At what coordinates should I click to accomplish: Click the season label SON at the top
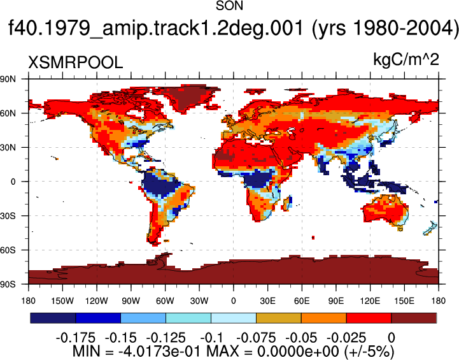(x=229, y=6)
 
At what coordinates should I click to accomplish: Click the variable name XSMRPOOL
(x=75, y=62)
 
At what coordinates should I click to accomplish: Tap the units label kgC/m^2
(x=406, y=60)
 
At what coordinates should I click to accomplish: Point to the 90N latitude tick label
(x=8, y=79)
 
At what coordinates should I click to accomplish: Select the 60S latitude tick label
(x=8, y=250)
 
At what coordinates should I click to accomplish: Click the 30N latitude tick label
(x=8, y=147)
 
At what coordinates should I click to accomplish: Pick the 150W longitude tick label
(x=62, y=301)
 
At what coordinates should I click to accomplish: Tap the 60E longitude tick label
(x=302, y=301)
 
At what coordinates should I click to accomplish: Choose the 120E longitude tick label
(x=370, y=301)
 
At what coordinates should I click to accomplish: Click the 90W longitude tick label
(x=131, y=301)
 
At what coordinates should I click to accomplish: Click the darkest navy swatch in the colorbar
(x=53, y=318)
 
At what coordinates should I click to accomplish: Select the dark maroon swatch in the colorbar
(x=414, y=318)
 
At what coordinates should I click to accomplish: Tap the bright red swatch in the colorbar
(x=369, y=318)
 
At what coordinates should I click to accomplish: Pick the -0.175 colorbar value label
(x=76, y=338)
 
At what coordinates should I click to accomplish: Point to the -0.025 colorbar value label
(x=346, y=338)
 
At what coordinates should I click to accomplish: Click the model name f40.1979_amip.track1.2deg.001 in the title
(x=155, y=29)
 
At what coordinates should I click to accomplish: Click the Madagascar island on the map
(x=288, y=203)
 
